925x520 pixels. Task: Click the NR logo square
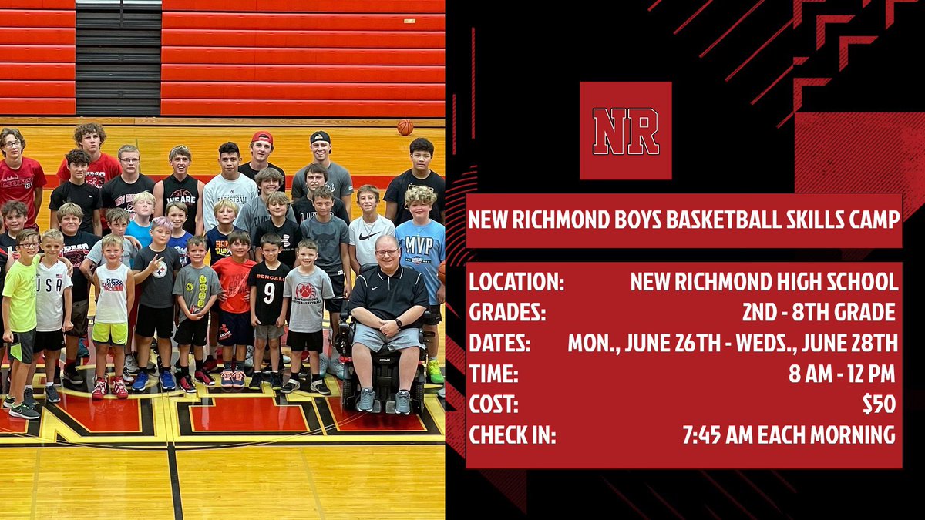(625, 130)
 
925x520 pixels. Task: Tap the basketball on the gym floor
(405, 127)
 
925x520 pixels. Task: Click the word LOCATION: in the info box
(517, 281)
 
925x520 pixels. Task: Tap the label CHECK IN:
(513, 434)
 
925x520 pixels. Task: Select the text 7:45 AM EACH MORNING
(789, 434)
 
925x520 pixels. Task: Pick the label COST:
(494, 404)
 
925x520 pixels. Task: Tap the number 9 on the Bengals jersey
(268, 293)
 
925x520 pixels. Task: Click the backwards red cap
(262, 138)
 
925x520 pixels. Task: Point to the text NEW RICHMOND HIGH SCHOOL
(764, 281)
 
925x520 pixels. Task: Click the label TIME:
(494, 374)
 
